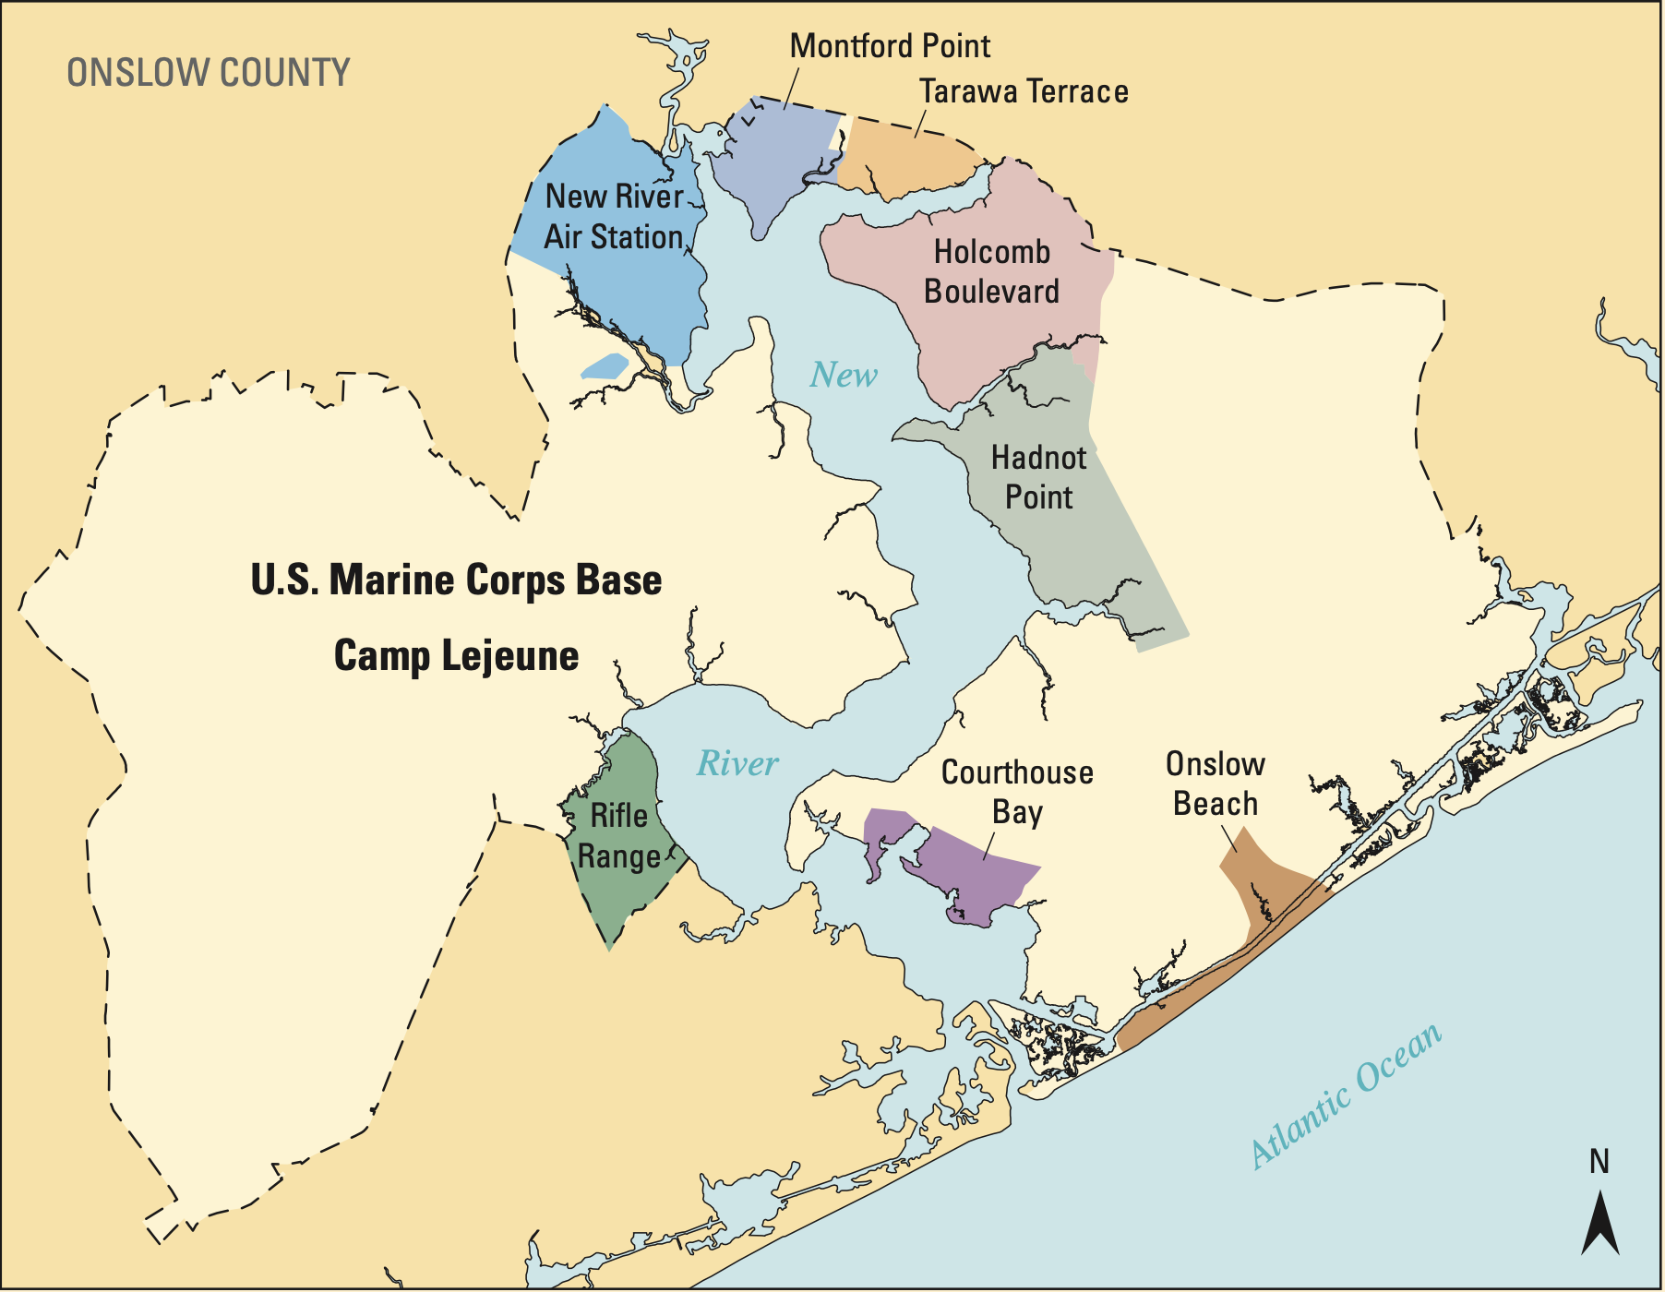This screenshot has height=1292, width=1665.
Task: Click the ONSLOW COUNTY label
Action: click(x=209, y=73)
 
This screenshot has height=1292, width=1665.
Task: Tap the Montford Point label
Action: click(x=890, y=45)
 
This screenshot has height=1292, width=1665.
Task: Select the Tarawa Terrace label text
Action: click(x=1024, y=91)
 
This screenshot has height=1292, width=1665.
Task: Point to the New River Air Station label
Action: click(x=614, y=217)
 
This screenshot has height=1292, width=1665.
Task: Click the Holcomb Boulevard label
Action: click(x=991, y=271)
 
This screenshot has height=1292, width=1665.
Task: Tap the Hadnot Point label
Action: click(x=1038, y=477)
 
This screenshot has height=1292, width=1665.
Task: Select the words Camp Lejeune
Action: click(x=456, y=656)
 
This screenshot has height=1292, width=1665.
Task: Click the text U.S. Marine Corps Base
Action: click(x=456, y=580)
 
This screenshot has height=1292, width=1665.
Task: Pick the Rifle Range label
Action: click(x=618, y=836)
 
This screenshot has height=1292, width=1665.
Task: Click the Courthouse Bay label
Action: click(x=1017, y=792)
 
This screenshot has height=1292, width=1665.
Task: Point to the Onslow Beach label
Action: click(x=1215, y=784)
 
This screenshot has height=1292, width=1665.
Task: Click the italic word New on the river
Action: click(x=843, y=375)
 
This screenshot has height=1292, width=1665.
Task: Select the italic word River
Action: click(x=737, y=763)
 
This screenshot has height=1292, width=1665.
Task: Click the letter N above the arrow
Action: click(x=1599, y=1161)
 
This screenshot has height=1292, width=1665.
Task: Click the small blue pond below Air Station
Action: click(x=605, y=366)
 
